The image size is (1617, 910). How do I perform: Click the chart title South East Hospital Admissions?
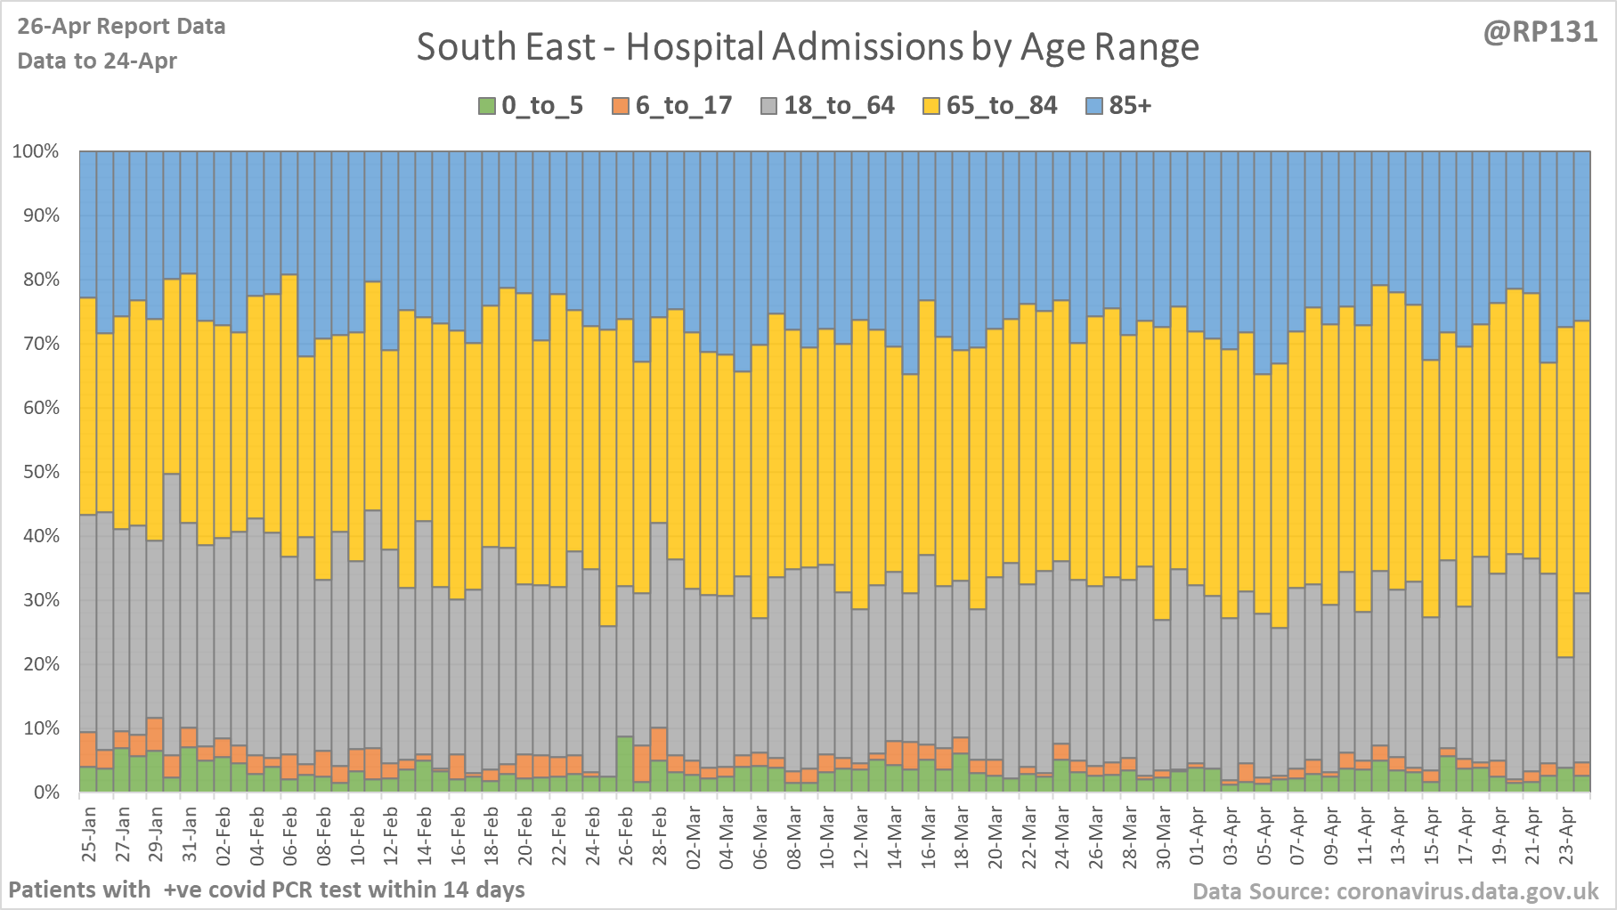tap(808, 47)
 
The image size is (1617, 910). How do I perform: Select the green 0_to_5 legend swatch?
tap(487, 106)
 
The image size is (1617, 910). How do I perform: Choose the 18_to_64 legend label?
tap(839, 106)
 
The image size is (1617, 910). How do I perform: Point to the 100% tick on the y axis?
tap(36, 151)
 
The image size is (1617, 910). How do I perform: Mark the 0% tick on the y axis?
tap(45, 792)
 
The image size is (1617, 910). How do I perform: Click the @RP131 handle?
tap(1540, 32)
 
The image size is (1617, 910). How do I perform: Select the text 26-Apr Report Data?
tap(121, 27)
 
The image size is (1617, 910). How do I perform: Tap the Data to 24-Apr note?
tap(97, 61)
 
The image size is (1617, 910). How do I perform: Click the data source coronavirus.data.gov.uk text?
tap(1395, 891)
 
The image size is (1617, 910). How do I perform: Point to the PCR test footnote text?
tap(266, 890)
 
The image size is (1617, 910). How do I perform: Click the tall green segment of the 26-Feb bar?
tap(625, 764)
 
